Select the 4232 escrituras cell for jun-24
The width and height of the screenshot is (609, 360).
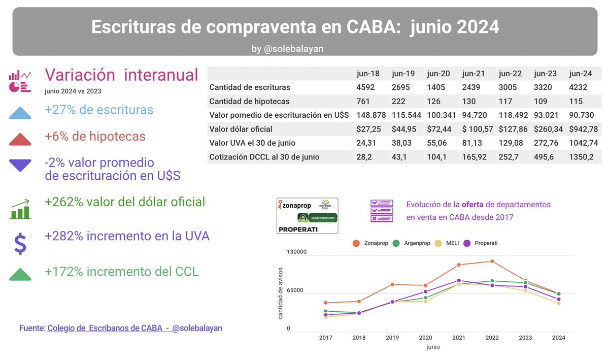click(578, 87)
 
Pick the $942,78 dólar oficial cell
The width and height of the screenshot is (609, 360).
click(584, 129)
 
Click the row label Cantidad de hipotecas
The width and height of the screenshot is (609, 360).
click(249, 102)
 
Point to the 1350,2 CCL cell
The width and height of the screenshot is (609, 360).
click(581, 157)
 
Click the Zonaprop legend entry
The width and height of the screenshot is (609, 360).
click(371, 243)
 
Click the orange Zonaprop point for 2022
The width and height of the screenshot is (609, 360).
click(492, 261)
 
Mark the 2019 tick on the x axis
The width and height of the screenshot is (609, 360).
click(392, 338)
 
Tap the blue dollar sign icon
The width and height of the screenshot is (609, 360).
click(20, 243)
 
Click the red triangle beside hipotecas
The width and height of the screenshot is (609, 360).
click(20, 139)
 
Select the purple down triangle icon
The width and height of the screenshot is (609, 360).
click(20, 165)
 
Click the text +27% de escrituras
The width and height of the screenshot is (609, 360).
click(99, 110)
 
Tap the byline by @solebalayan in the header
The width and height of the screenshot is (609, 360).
click(287, 49)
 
